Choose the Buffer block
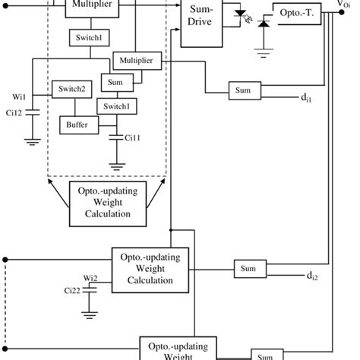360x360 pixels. point(77,124)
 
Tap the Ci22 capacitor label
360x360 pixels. point(74,291)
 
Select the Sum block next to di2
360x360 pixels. point(249,269)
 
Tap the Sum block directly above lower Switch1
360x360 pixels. point(116,83)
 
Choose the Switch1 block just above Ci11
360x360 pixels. point(116,106)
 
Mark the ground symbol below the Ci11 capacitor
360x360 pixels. point(116,163)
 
